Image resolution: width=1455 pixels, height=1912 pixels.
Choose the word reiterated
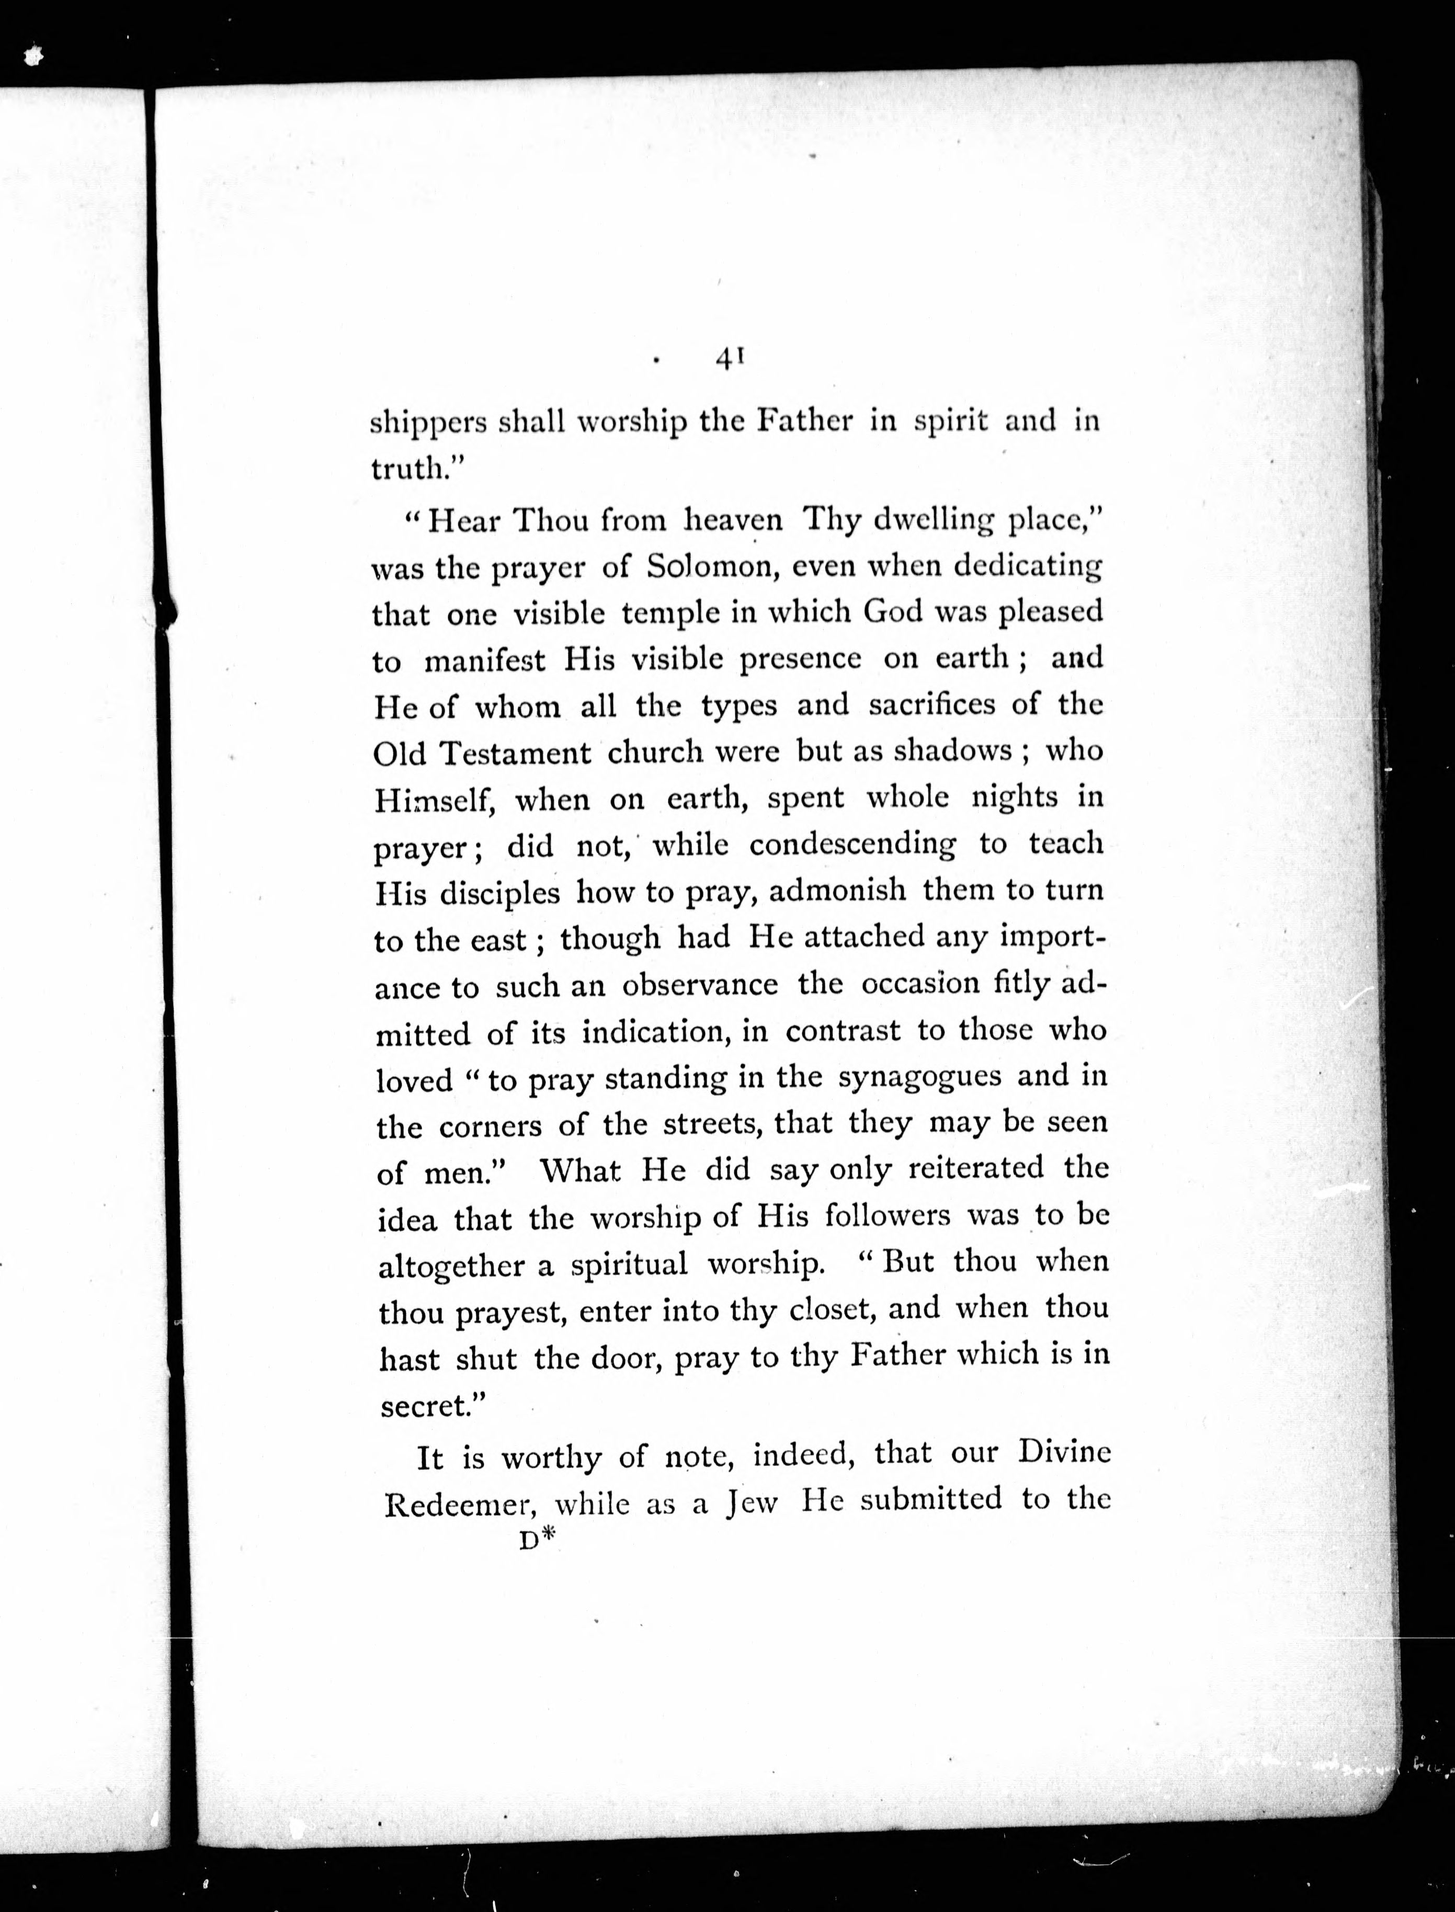pyautogui.click(x=976, y=1169)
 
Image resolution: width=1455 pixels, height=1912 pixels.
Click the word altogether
pyautogui.click(x=450, y=1267)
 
